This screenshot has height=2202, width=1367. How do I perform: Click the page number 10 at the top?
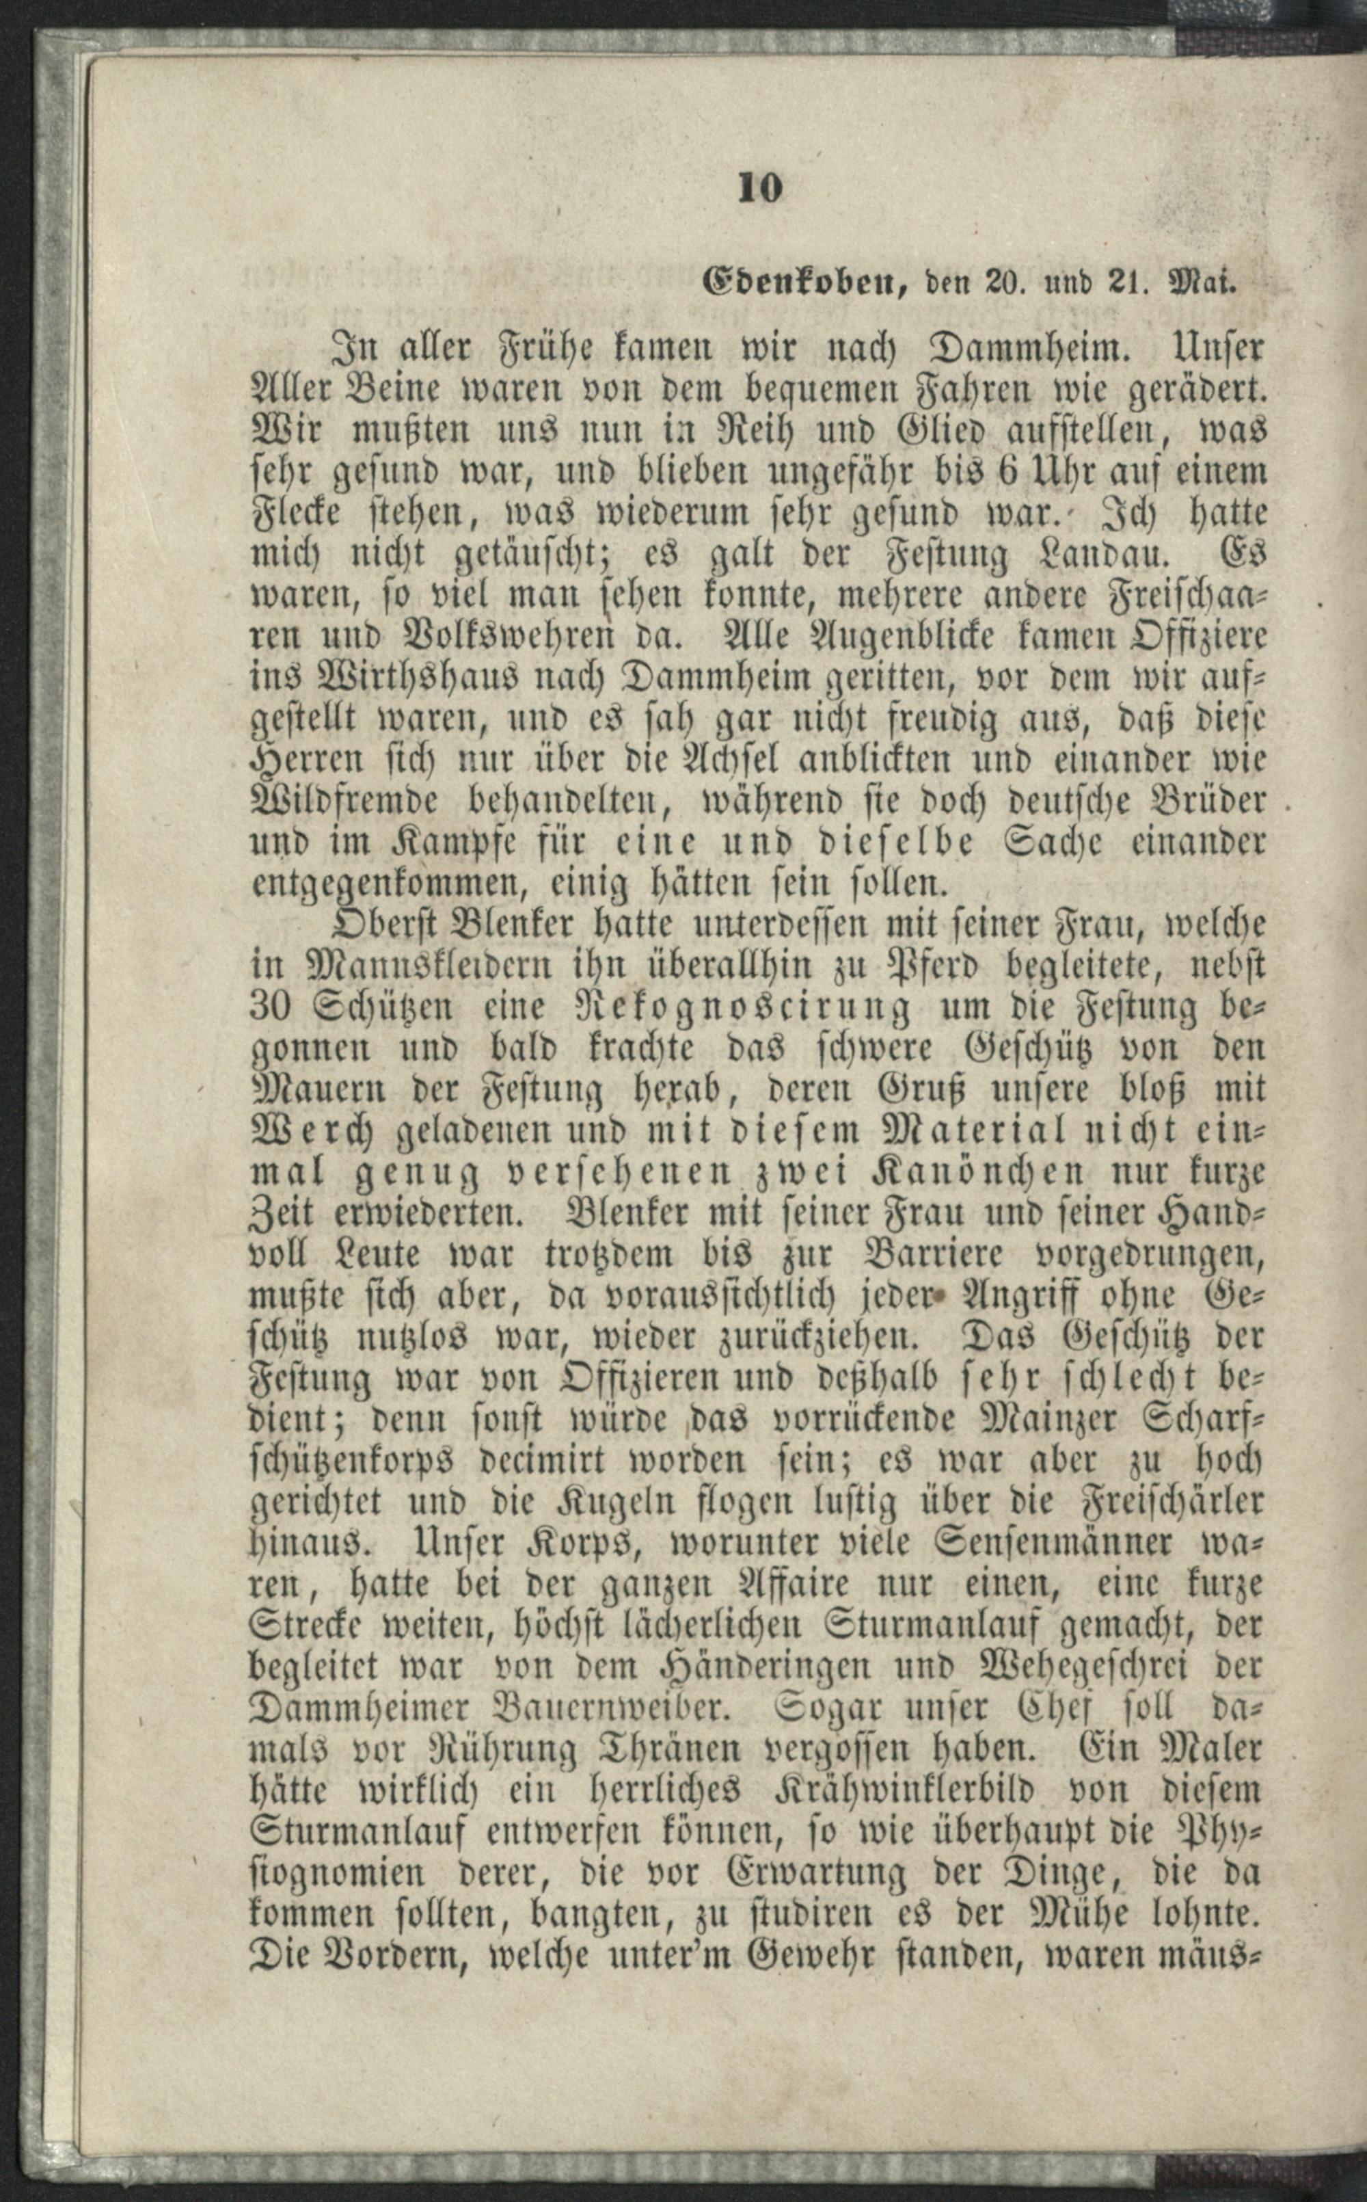(x=759, y=188)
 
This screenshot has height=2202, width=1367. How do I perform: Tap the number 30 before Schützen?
(x=269, y=1007)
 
